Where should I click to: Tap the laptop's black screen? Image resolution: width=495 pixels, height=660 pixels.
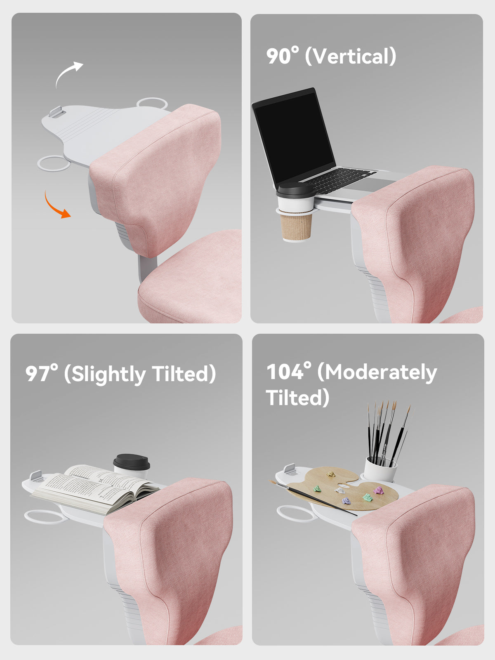[295, 137]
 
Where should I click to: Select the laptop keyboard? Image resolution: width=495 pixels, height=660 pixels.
[339, 180]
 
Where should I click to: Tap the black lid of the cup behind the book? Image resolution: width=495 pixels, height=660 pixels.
[131, 462]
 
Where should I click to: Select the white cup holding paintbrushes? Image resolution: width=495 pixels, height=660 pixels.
[380, 470]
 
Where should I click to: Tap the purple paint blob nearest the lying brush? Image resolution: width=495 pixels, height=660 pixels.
[346, 501]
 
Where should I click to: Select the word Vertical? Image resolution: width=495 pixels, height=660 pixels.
[350, 56]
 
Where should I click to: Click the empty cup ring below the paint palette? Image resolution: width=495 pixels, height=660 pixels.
[296, 513]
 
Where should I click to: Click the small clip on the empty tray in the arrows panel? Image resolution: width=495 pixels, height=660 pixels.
[57, 112]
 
